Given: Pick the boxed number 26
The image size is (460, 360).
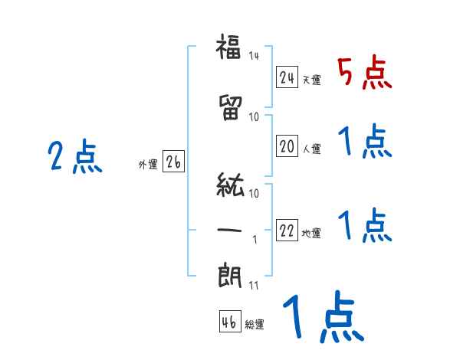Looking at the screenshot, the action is pos(173,162).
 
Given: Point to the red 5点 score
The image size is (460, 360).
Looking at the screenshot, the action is pos(364,73).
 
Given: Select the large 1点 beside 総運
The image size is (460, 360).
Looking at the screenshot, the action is pos(322,319).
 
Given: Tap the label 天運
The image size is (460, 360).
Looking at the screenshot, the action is pos(311,80).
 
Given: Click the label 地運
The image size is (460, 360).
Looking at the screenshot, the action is pos(311,234).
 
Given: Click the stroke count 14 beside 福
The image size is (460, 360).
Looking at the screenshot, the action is pos(255,55).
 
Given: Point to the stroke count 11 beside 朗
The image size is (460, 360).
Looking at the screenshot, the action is pos(255,286).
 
